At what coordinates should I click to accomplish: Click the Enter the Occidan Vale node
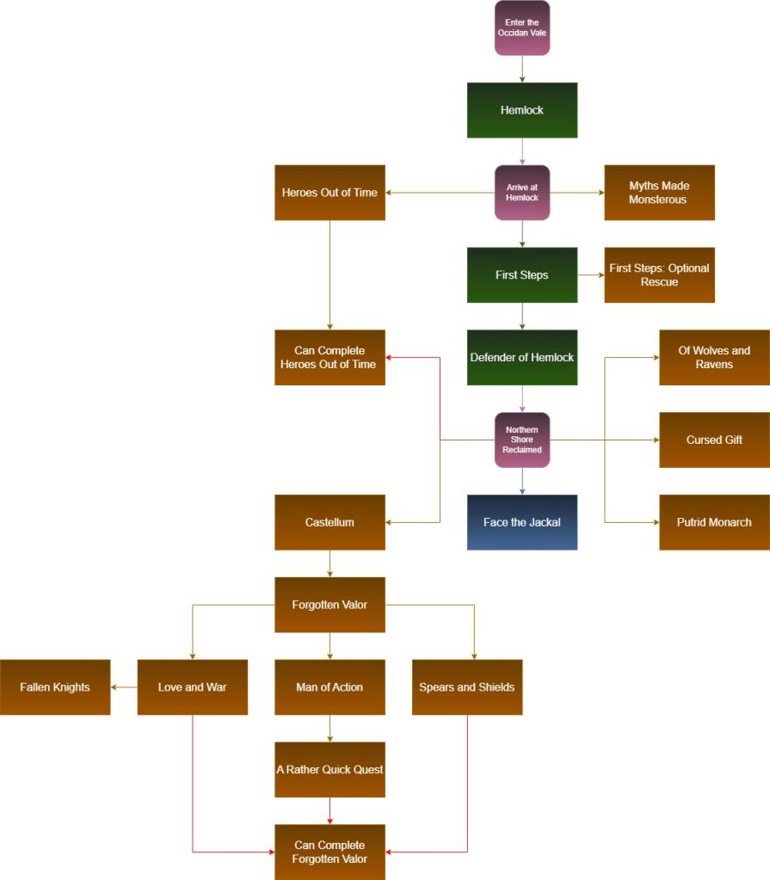point(522,28)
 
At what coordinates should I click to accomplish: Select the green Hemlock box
point(522,110)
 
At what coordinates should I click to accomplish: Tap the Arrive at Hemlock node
point(522,193)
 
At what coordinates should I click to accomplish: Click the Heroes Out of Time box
point(330,193)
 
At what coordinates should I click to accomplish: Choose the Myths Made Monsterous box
point(659,193)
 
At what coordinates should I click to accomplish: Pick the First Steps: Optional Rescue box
point(659,275)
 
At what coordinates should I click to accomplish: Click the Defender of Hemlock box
point(522,358)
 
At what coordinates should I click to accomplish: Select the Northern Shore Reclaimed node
point(522,440)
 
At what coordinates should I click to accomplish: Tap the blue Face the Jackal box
point(522,522)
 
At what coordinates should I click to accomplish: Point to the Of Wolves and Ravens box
point(714,358)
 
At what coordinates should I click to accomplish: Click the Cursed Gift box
point(714,440)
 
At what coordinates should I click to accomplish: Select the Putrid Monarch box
point(714,522)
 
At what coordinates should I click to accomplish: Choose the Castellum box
point(330,522)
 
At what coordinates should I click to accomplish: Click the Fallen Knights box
point(55,687)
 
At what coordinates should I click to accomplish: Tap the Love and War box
point(193,687)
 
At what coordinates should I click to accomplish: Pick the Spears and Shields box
point(467,687)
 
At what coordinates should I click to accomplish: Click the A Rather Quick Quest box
point(330,770)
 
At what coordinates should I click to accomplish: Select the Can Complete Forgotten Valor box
point(330,852)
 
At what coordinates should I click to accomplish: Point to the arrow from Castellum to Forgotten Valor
point(330,563)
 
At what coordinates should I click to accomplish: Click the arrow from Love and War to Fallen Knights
point(125,687)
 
